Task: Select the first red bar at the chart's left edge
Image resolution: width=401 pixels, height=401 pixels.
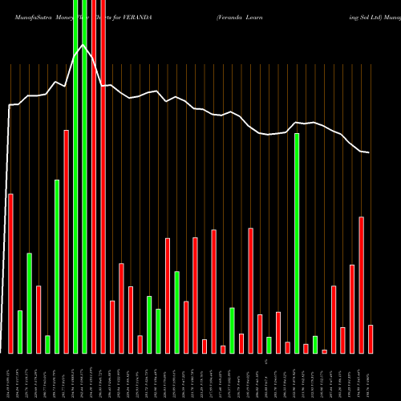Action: (x=10, y=273)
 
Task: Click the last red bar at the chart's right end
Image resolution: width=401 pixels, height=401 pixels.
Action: (x=371, y=338)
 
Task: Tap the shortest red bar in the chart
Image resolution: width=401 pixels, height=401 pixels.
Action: (x=325, y=351)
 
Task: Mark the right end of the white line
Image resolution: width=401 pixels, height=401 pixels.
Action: (x=369, y=152)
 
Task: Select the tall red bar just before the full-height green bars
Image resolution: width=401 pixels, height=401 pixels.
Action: (x=67, y=241)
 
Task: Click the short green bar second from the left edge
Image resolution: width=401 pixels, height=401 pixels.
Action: (x=20, y=331)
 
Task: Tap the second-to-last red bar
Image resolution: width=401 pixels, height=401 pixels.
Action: (x=362, y=285)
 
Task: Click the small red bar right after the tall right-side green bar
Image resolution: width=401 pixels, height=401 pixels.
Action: (x=306, y=348)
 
